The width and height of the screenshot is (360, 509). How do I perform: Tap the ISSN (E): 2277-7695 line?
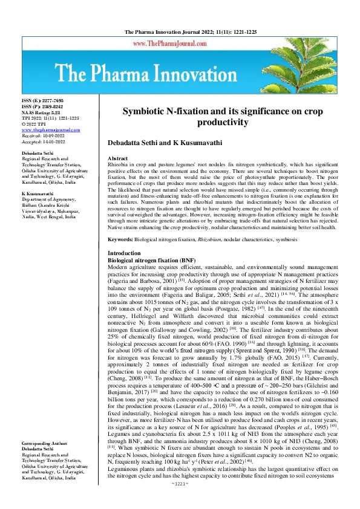point(42,100)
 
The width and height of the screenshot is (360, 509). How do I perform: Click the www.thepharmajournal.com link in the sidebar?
point(51,130)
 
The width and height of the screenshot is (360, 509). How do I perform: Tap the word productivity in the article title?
point(223,122)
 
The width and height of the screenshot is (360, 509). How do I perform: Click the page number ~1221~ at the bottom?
point(180,501)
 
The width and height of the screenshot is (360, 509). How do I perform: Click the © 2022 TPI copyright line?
point(34,125)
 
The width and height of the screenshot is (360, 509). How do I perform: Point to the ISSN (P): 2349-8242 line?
point(42,105)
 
